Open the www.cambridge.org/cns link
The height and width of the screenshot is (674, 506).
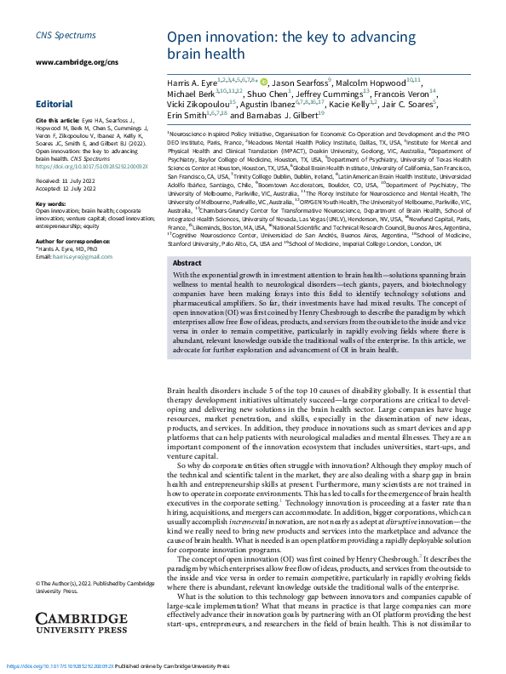tap(71, 63)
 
